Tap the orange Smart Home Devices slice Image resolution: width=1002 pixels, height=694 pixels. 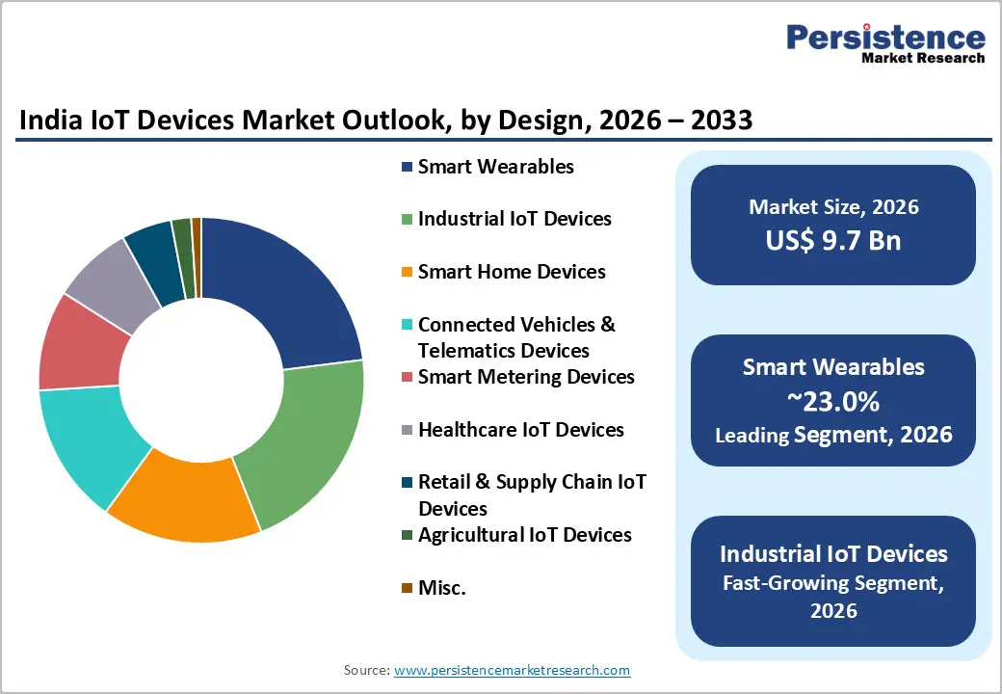point(189,501)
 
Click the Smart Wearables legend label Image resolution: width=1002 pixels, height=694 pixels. point(495,167)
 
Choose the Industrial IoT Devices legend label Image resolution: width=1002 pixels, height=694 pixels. point(514,219)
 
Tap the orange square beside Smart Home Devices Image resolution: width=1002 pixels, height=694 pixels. point(407,273)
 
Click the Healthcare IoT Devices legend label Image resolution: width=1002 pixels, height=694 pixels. point(520,430)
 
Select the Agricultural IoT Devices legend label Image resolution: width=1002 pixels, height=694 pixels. point(524,535)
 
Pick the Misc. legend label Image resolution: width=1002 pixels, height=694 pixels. point(441,587)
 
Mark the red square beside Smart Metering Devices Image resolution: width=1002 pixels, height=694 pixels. point(407,377)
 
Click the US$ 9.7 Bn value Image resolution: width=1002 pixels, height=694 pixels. point(833,240)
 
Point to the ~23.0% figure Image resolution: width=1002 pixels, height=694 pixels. point(833,401)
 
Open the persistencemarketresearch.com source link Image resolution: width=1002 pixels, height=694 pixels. point(512,670)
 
